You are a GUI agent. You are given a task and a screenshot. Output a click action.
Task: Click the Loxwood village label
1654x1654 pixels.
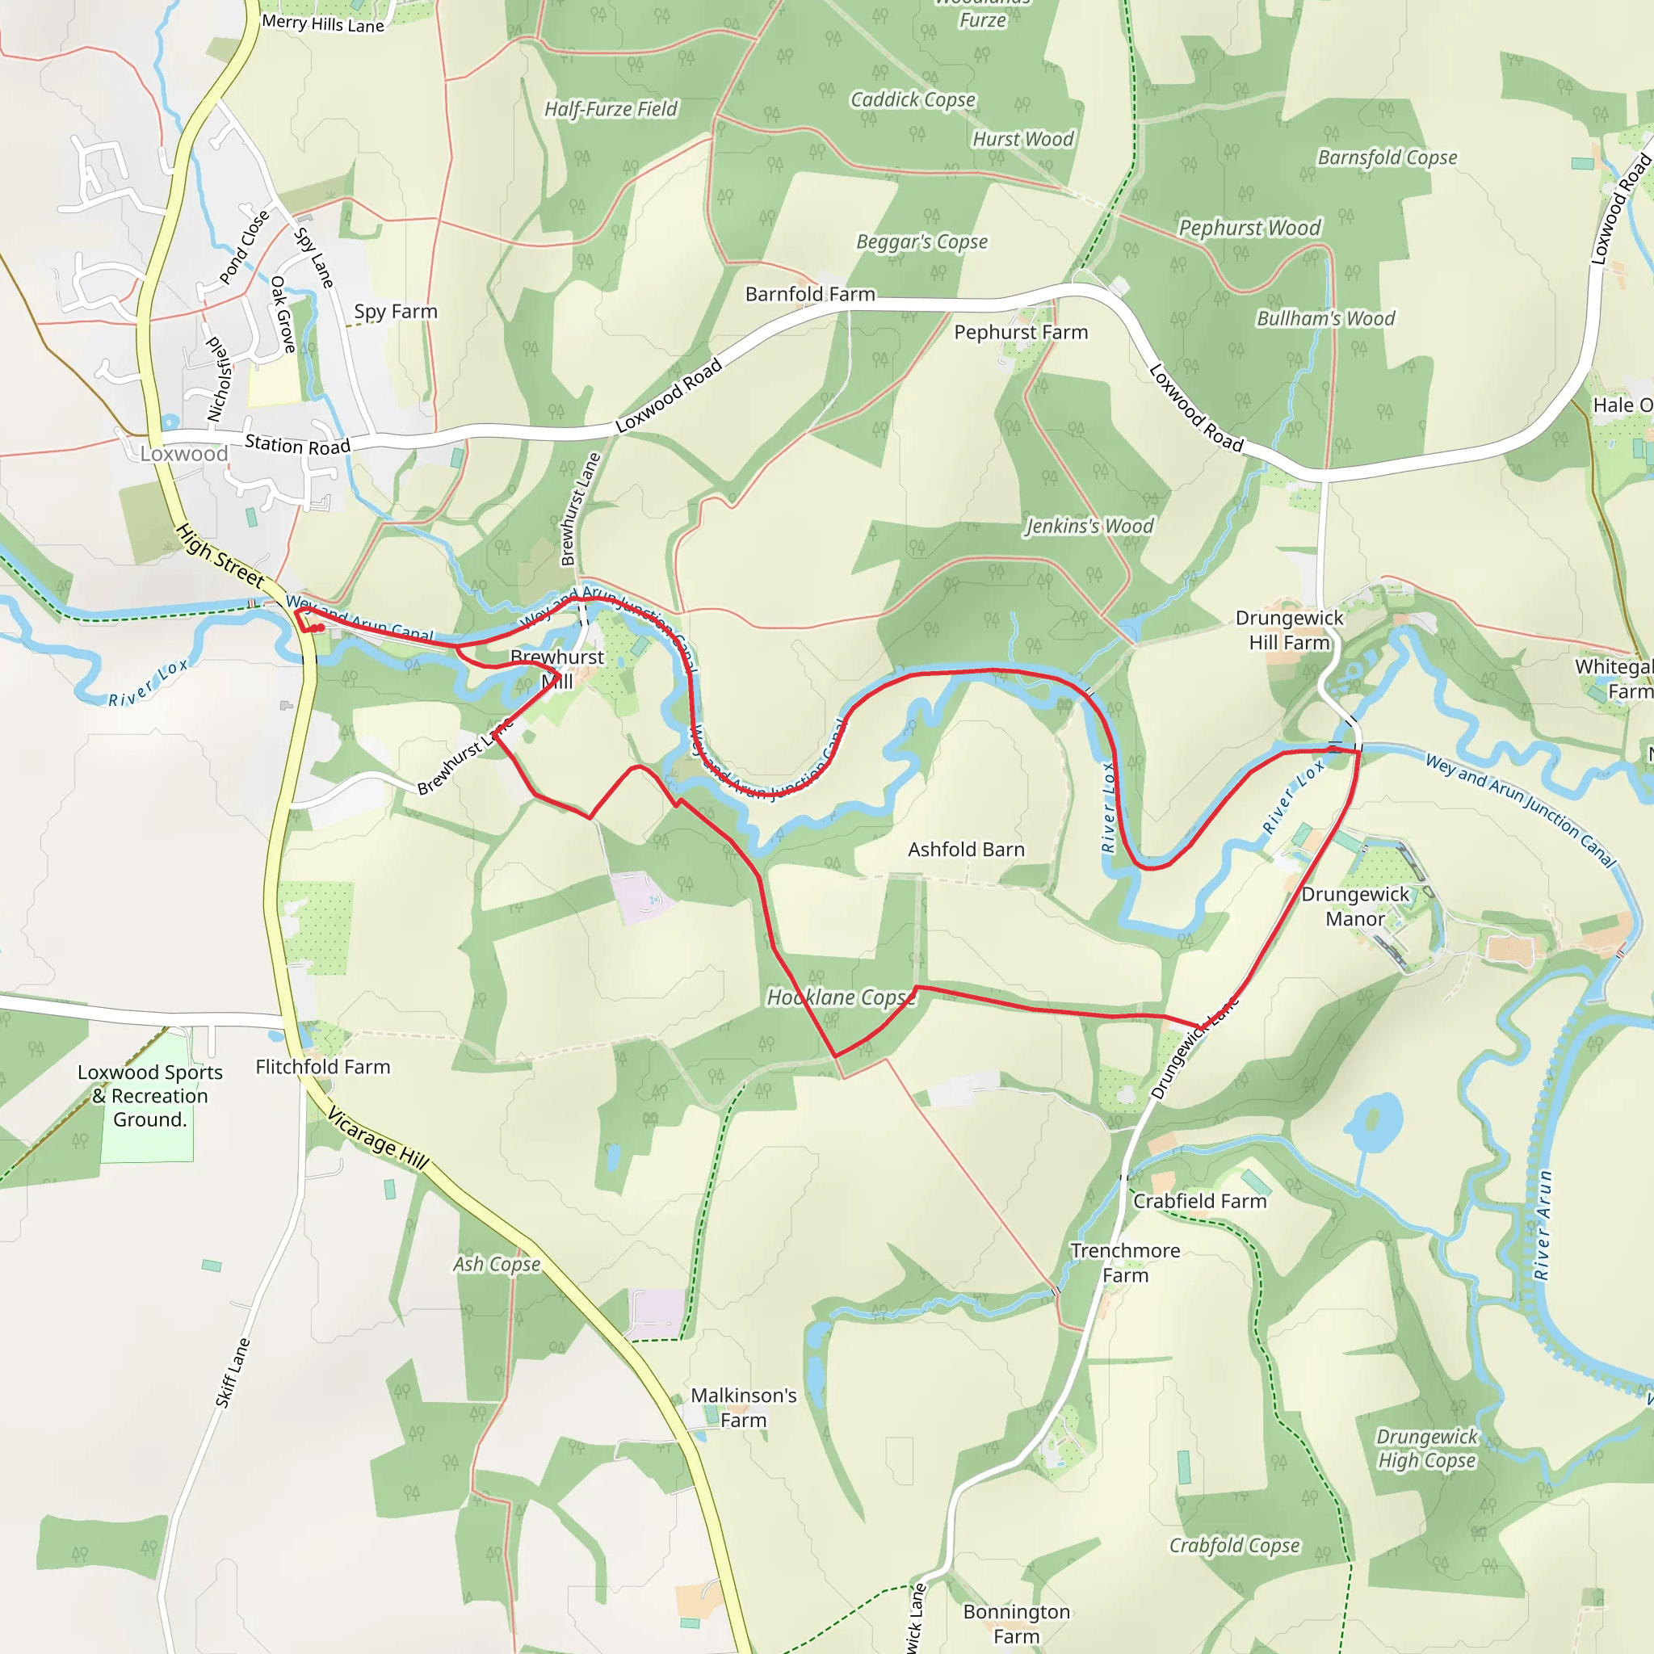[x=184, y=454]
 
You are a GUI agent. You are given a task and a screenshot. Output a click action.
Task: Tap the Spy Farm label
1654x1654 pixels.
[x=396, y=312]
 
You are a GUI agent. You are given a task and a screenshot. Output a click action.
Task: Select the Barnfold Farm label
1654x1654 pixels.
[x=810, y=295]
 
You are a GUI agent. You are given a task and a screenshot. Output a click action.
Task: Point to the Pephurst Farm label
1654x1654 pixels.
[x=1021, y=332]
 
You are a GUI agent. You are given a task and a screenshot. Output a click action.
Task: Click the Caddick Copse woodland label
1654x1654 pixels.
[x=913, y=100]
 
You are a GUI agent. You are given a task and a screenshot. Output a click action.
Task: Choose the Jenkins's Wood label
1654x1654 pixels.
[x=1089, y=526]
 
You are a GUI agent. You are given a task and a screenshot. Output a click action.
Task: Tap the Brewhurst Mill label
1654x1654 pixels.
[x=557, y=669]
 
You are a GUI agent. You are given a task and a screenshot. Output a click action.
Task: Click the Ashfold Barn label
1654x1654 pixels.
[x=966, y=850]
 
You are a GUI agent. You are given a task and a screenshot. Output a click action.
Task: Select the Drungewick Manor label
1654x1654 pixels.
[x=1354, y=906]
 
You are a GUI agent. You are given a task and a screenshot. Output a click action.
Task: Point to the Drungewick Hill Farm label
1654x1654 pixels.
[x=1289, y=630]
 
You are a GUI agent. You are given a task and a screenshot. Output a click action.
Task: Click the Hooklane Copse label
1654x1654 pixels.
[x=841, y=997]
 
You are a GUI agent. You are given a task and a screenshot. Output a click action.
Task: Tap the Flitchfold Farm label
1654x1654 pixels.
[x=323, y=1067]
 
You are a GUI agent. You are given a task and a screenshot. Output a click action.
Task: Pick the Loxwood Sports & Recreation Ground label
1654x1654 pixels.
[x=150, y=1096]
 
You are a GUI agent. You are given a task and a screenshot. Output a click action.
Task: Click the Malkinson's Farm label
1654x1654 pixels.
[x=743, y=1408]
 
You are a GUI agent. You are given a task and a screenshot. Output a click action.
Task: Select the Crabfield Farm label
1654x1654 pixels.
[x=1199, y=1201]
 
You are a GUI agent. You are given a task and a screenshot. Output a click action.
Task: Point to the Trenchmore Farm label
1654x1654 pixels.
[x=1125, y=1263]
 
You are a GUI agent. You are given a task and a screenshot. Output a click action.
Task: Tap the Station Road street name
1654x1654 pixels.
[x=298, y=445]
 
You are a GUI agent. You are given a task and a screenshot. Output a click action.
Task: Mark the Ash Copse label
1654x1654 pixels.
[x=497, y=1265]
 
